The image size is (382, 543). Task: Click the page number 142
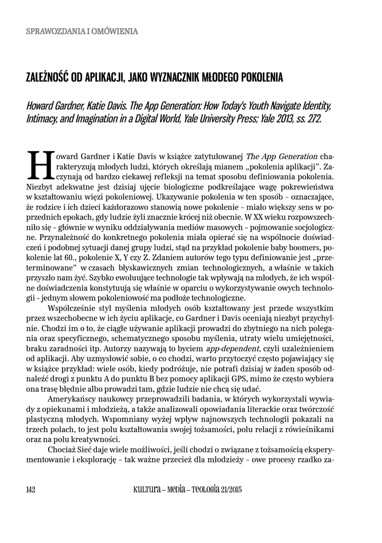[x=30, y=489]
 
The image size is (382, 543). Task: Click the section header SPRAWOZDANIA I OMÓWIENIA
[x=82, y=31]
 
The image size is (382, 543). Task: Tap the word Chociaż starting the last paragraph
[x=63, y=450]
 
